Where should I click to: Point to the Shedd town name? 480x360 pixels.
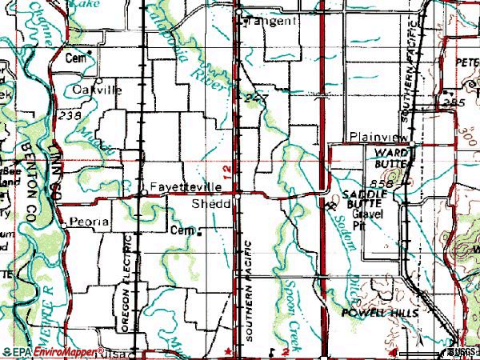[x=211, y=205]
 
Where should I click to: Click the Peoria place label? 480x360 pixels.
[x=88, y=220]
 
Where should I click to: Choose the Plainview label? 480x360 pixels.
[x=379, y=137]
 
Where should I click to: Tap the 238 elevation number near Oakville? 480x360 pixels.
[x=70, y=116]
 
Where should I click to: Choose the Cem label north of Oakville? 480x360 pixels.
[x=75, y=58]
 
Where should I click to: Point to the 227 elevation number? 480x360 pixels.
[x=256, y=96]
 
